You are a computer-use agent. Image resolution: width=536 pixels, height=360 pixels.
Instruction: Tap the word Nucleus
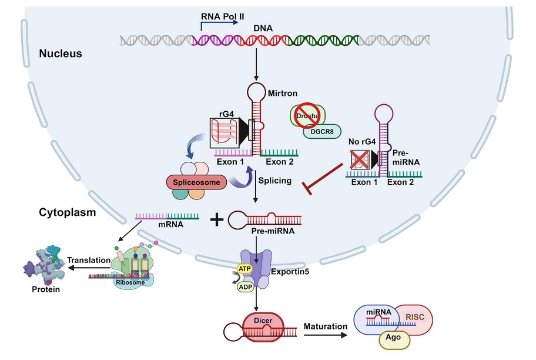pyautogui.click(x=60, y=54)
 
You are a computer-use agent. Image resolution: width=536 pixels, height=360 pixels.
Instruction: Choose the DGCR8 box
pyautogui.click(x=322, y=132)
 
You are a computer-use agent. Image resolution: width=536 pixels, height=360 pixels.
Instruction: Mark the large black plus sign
pyautogui.click(x=217, y=220)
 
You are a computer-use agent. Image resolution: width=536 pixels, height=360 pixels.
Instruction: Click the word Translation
pyautogui.click(x=88, y=259)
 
